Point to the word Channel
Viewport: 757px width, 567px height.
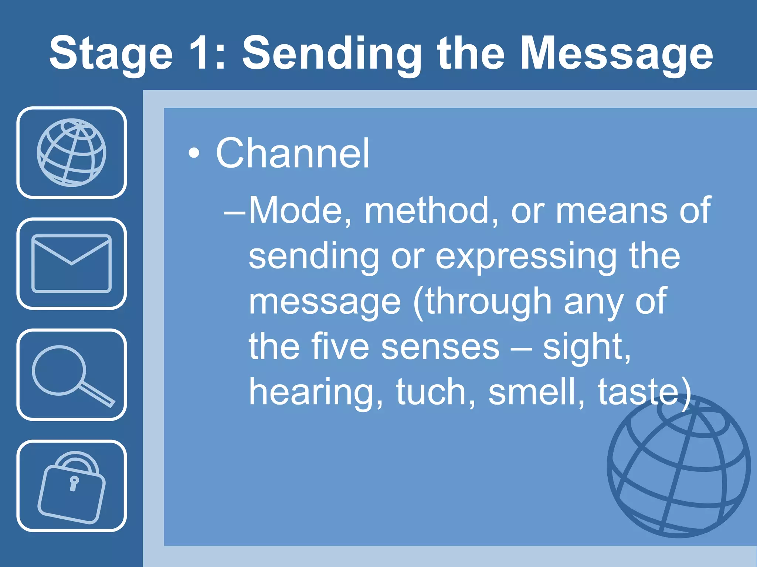292,153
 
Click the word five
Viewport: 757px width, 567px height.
340,347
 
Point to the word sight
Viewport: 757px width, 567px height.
586,347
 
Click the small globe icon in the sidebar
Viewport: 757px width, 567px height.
72,152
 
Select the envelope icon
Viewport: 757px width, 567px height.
72,264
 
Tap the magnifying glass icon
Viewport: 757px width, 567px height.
72,374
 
